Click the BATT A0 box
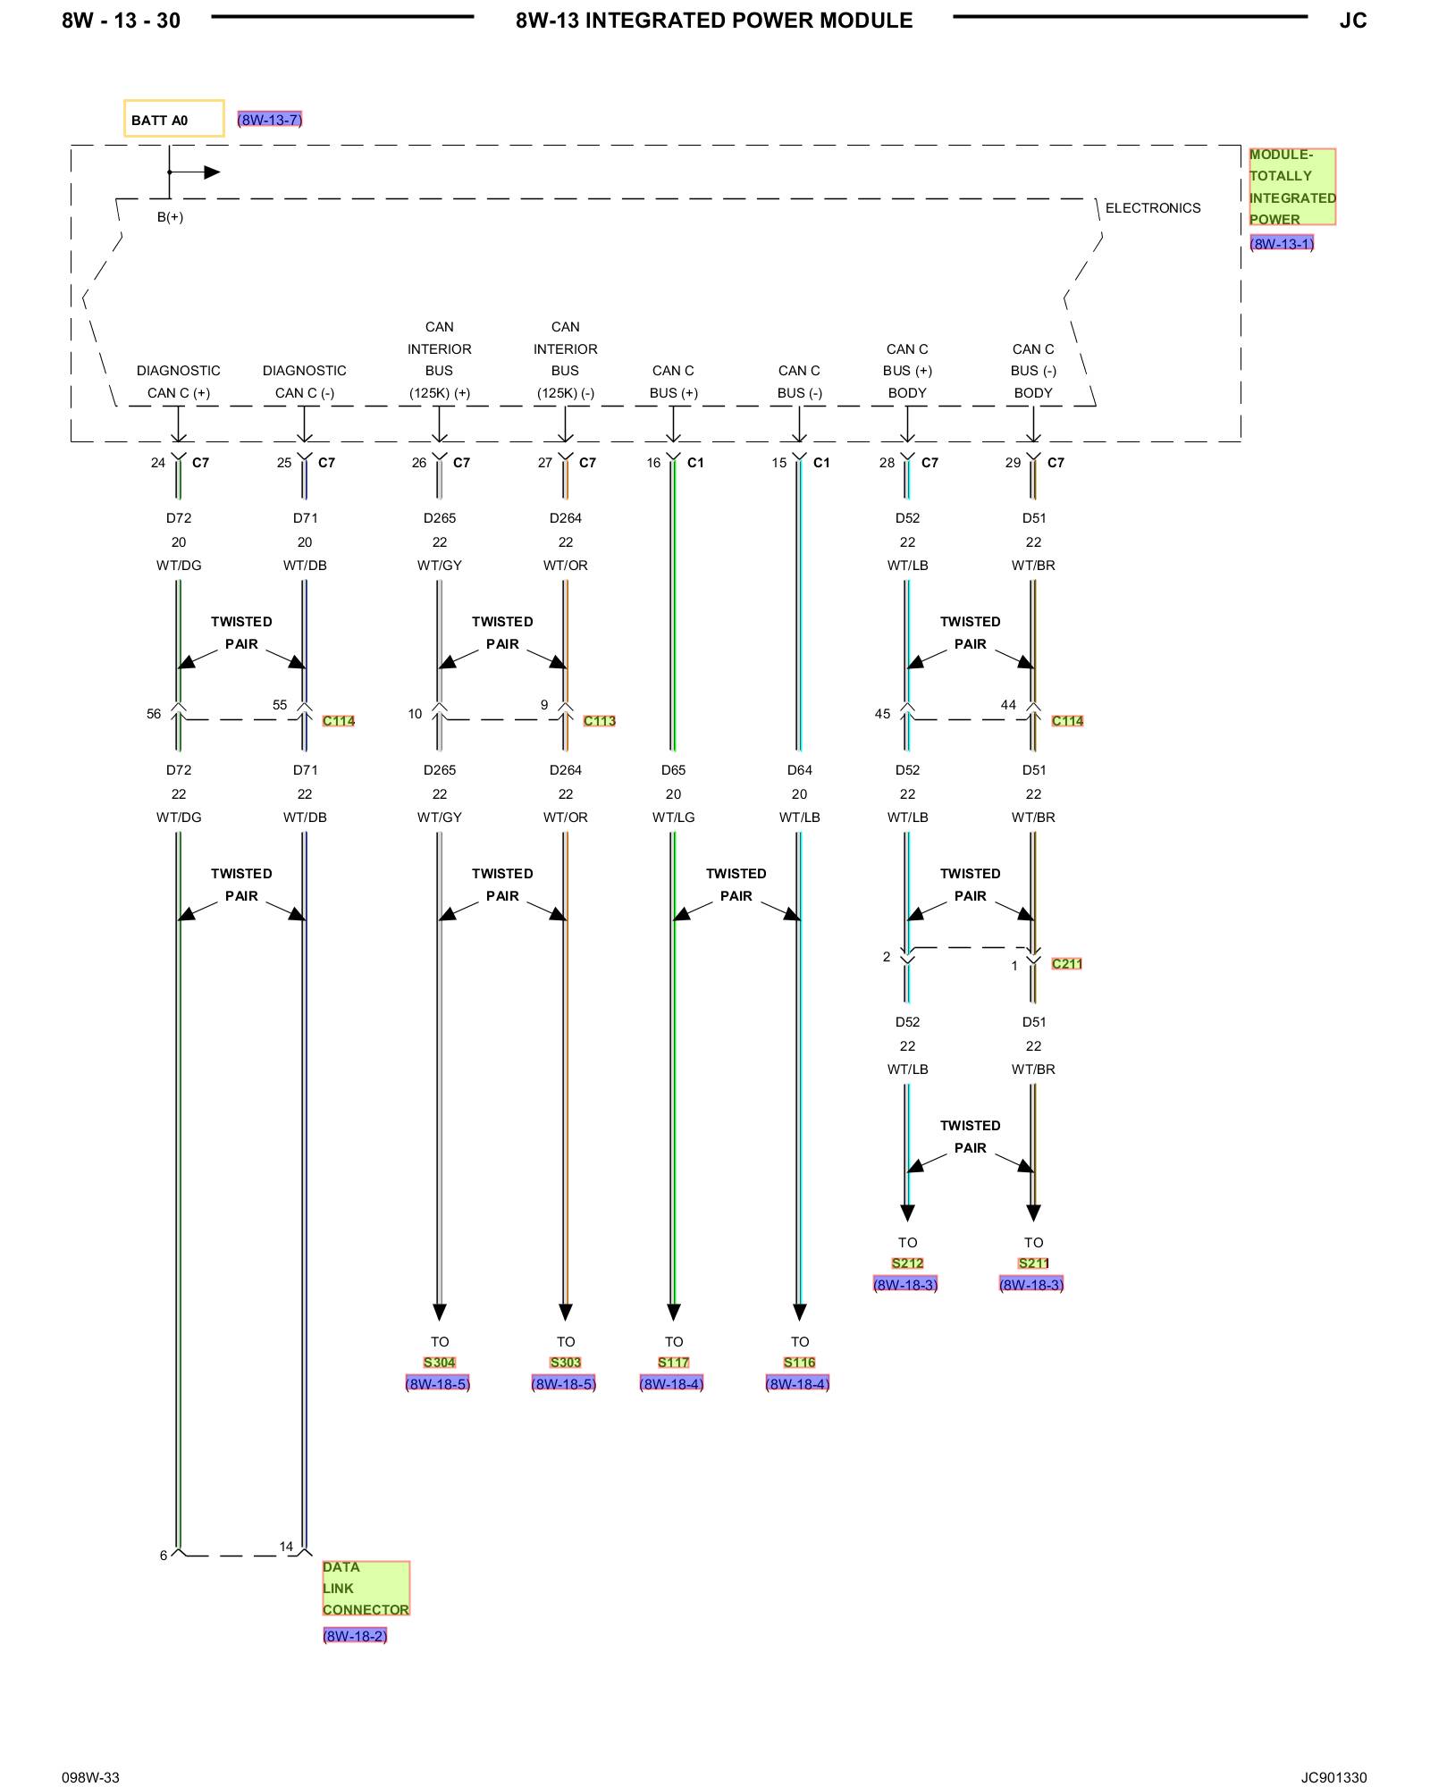tap(173, 118)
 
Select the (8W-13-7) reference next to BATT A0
tap(270, 120)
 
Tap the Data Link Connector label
tap(366, 1588)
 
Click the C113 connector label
tap(600, 721)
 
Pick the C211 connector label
tap(1067, 963)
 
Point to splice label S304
tap(440, 1363)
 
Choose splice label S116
tap(800, 1363)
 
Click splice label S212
tap(907, 1263)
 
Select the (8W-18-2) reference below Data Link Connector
tap(355, 1636)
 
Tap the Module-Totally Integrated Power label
tap(1292, 187)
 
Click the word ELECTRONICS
tap(1153, 208)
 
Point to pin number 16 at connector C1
tap(653, 463)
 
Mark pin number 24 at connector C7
tap(158, 463)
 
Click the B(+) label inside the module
tap(170, 217)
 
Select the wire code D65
tap(673, 770)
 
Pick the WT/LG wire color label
tap(673, 818)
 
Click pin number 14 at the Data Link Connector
tap(286, 1547)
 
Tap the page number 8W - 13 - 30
tap(121, 21)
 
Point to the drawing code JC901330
tap(1333, 1778)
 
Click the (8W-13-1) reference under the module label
tap(1282, 244)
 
